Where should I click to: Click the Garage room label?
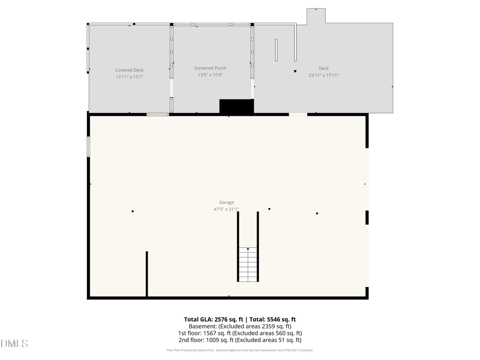(226, 202)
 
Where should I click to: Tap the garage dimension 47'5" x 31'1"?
(226, 209)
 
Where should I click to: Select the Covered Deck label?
(130, 70)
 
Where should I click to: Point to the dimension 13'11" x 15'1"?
(130, 77)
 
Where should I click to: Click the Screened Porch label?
(210, 68)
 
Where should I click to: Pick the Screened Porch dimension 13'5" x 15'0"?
(210, 75)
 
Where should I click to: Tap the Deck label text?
(324, 68)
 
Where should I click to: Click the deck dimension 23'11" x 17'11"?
(324, 75)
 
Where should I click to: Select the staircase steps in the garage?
(247, 266)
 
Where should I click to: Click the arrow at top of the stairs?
(247, 249)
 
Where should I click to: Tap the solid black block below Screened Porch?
(236, 106)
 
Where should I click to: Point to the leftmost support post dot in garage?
(132, 211)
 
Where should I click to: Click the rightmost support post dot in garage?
(317, 213)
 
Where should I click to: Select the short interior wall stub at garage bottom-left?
(147, 273)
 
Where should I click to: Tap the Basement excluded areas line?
(240, 326)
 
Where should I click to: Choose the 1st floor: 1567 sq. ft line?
(240, 333)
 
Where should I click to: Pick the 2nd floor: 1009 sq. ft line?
(240, 340)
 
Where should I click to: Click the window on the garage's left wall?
(89, 146)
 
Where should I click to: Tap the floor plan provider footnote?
(240, 350)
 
